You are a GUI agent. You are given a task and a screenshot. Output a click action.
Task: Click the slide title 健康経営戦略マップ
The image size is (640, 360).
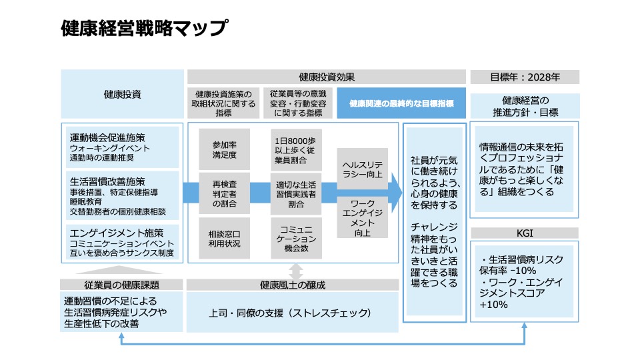pos(144,29)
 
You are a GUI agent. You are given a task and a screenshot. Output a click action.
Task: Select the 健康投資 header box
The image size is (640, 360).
pos(122,94)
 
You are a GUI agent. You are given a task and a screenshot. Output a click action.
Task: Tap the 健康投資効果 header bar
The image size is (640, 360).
pos(327,77)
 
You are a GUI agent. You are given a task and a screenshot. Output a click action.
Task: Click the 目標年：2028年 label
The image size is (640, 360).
pos(525,77)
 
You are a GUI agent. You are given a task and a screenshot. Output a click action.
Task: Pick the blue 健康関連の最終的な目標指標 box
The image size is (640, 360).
pos(401,103)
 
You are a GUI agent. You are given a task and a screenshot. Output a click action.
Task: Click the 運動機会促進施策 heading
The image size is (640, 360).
pos(107,137)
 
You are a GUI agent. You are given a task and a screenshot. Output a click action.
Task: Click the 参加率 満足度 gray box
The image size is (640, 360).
pos(224,149)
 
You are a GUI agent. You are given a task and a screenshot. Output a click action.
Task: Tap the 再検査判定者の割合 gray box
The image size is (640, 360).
pos(224,193)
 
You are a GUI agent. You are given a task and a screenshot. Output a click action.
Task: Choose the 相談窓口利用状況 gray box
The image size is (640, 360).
pos(224,238)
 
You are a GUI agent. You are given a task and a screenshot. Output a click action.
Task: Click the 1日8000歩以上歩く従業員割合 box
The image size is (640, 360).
pos(297,149)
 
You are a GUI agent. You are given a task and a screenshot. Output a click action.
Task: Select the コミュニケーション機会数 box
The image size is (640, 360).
pos(297,238)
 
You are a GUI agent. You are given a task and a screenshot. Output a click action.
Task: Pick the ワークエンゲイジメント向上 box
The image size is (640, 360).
pos(363,217)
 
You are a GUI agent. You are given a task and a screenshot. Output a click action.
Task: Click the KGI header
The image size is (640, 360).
pos(525,233)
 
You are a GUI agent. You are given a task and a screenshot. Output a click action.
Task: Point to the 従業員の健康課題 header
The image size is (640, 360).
pos(122,285)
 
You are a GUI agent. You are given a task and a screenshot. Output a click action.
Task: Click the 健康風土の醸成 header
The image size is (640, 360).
pos(297,285)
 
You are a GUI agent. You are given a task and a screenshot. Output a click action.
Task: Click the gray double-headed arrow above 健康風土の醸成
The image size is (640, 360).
pos(297,271)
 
